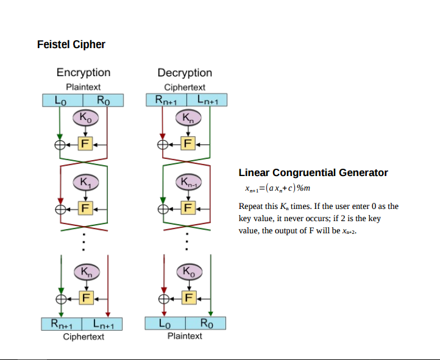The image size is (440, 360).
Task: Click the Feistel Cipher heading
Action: coord(71,44)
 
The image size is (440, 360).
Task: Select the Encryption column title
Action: coord(83,72)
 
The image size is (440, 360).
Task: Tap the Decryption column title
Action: coord(185,72)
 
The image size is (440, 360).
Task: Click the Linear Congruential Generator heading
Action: coord(313,172)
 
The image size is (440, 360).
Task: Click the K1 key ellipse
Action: coord(85,182)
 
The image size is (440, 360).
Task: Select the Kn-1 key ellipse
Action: coord(188,182)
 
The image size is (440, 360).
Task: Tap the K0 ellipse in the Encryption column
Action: coord(85,116)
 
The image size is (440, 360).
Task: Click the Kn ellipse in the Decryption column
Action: coord(188,116)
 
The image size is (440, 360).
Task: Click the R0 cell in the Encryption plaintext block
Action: coord(104,100)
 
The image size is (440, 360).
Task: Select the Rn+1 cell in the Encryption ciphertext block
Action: coord(62,325)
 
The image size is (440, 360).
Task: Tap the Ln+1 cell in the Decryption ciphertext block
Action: coord(207,100)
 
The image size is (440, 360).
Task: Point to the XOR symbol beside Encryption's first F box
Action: coord(60,144)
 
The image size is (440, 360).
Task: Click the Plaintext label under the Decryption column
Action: coord(185,336)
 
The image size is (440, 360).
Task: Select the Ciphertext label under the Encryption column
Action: coord(83,337)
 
